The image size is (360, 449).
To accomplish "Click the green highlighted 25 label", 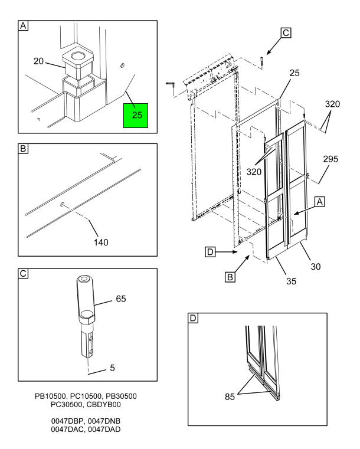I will (137, 114).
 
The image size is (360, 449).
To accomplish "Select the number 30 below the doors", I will (316, 267).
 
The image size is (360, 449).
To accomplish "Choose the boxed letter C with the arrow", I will (286, 34).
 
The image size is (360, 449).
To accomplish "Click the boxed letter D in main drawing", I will (210, 253).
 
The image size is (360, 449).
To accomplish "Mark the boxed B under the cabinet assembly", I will (231, 276).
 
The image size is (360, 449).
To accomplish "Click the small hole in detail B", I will (62, 205).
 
